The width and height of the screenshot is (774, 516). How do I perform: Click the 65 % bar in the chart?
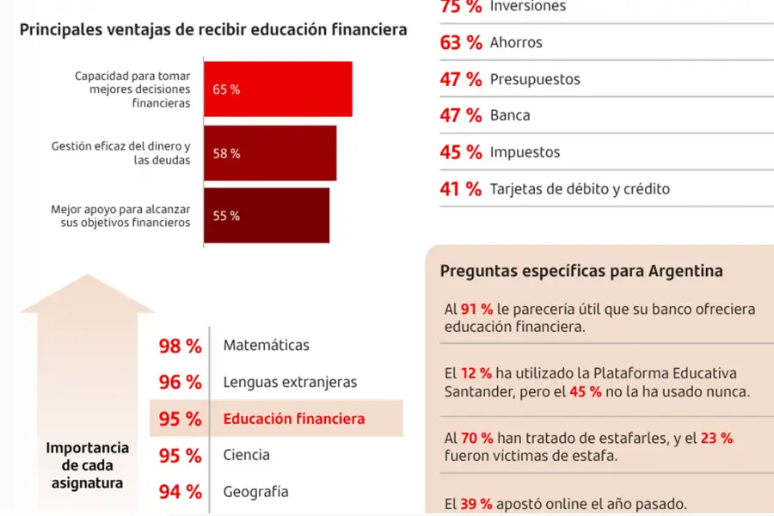278,89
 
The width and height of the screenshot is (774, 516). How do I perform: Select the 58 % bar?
270,153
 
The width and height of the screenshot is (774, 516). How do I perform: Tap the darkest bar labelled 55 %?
267,215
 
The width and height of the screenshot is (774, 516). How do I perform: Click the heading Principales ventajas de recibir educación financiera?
213,29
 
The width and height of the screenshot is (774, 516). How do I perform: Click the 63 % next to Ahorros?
461,42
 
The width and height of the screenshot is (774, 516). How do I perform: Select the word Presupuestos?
535,79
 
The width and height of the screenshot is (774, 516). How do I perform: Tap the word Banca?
510,115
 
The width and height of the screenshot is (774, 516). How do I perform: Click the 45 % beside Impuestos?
461,152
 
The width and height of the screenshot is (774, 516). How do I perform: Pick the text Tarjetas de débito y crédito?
580,188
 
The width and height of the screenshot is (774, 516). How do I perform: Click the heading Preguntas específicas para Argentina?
581,271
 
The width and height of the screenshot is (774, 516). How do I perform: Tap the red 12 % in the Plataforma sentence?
475,373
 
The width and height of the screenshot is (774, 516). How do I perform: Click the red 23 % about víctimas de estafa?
716,438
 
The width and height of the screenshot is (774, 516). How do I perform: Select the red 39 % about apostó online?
475,505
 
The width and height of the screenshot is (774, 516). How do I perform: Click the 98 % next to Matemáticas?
180,346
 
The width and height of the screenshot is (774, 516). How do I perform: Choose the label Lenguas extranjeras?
290,382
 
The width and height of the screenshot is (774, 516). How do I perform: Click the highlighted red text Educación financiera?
294,419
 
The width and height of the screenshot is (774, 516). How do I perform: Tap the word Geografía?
255,492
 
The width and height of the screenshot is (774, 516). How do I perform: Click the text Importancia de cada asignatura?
87,465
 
